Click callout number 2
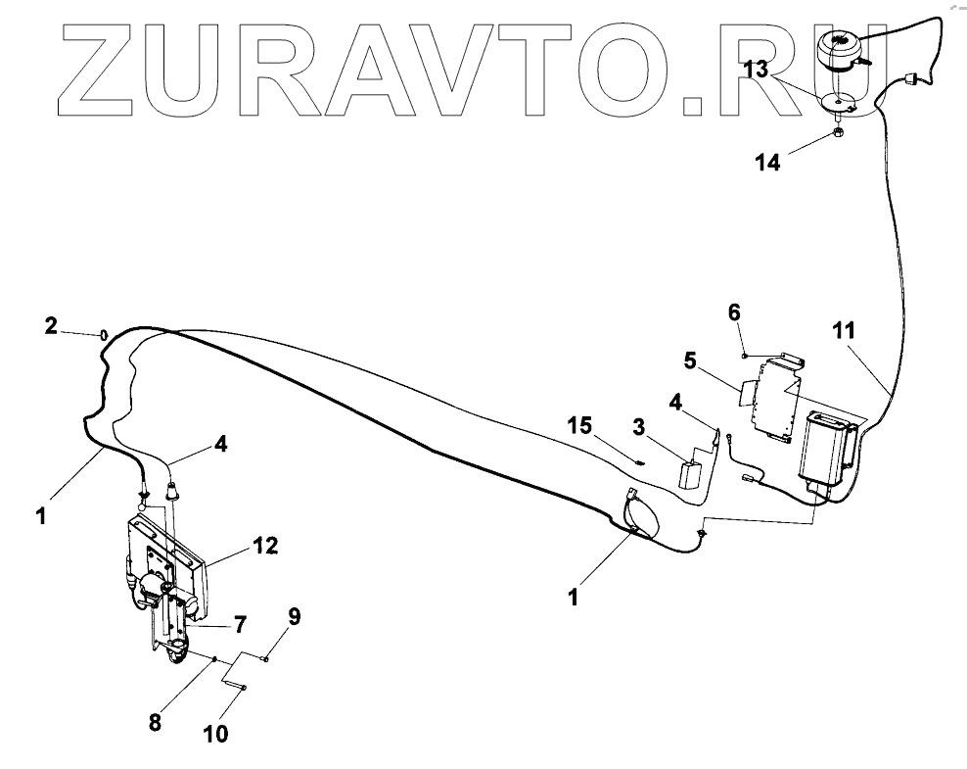tap(52, 326)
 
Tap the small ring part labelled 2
tap(103, 335)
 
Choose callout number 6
tap(734, 312)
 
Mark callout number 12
tap(266, 545)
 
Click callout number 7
tap(240, 622)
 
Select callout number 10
tap(216, 733)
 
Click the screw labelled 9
tap(265, 659)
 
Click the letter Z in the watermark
tap(104, 66)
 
